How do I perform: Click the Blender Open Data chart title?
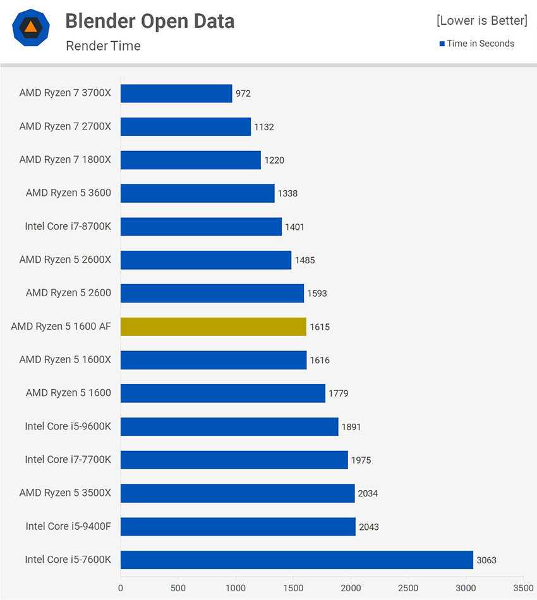click(x=150, y=21)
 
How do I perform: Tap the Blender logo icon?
click(x=32, y=27)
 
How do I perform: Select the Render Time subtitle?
click(x=103, y=45)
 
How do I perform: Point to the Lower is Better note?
click(x=481, y=20)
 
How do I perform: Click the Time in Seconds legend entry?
click(x=477, y=44)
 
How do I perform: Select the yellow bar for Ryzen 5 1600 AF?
click(x=214, y=327)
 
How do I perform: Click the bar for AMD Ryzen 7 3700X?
click(x=176, y=93)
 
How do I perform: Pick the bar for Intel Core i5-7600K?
click(x=297, y=560)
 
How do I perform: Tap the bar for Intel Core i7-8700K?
click(x=201, y=227)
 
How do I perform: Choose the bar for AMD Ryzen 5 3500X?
click(x=238, y=493)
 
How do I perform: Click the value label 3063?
click(x=486, y=560)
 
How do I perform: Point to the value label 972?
click(x=243, y=93)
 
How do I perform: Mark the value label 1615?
click(x=319, y=327)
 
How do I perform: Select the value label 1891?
click(x=351, y=427)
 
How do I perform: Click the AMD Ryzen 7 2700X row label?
click(x=65, y=126)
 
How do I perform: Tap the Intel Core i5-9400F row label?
click(x=68, y=526)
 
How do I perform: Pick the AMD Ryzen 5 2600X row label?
click(x=65, y=260)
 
